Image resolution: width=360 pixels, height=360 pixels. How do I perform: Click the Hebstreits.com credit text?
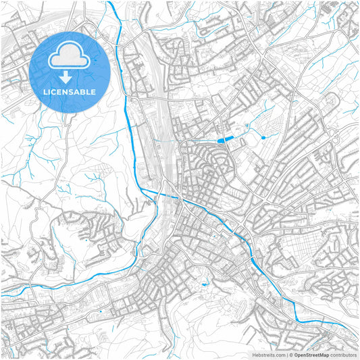(x=269, y=354)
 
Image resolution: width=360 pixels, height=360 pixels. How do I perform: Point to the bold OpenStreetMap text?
(x=310, y=354)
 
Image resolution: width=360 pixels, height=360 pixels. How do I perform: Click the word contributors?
(x=343, y=354)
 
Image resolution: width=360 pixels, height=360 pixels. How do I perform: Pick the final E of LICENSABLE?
(x=93, y=91)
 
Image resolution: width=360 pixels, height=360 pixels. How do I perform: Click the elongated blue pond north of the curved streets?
(x=224, y=139)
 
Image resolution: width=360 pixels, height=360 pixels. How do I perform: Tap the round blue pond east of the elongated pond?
(x=263, y=137)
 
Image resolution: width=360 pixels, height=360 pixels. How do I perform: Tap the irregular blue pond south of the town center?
(x=204, y=284)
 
